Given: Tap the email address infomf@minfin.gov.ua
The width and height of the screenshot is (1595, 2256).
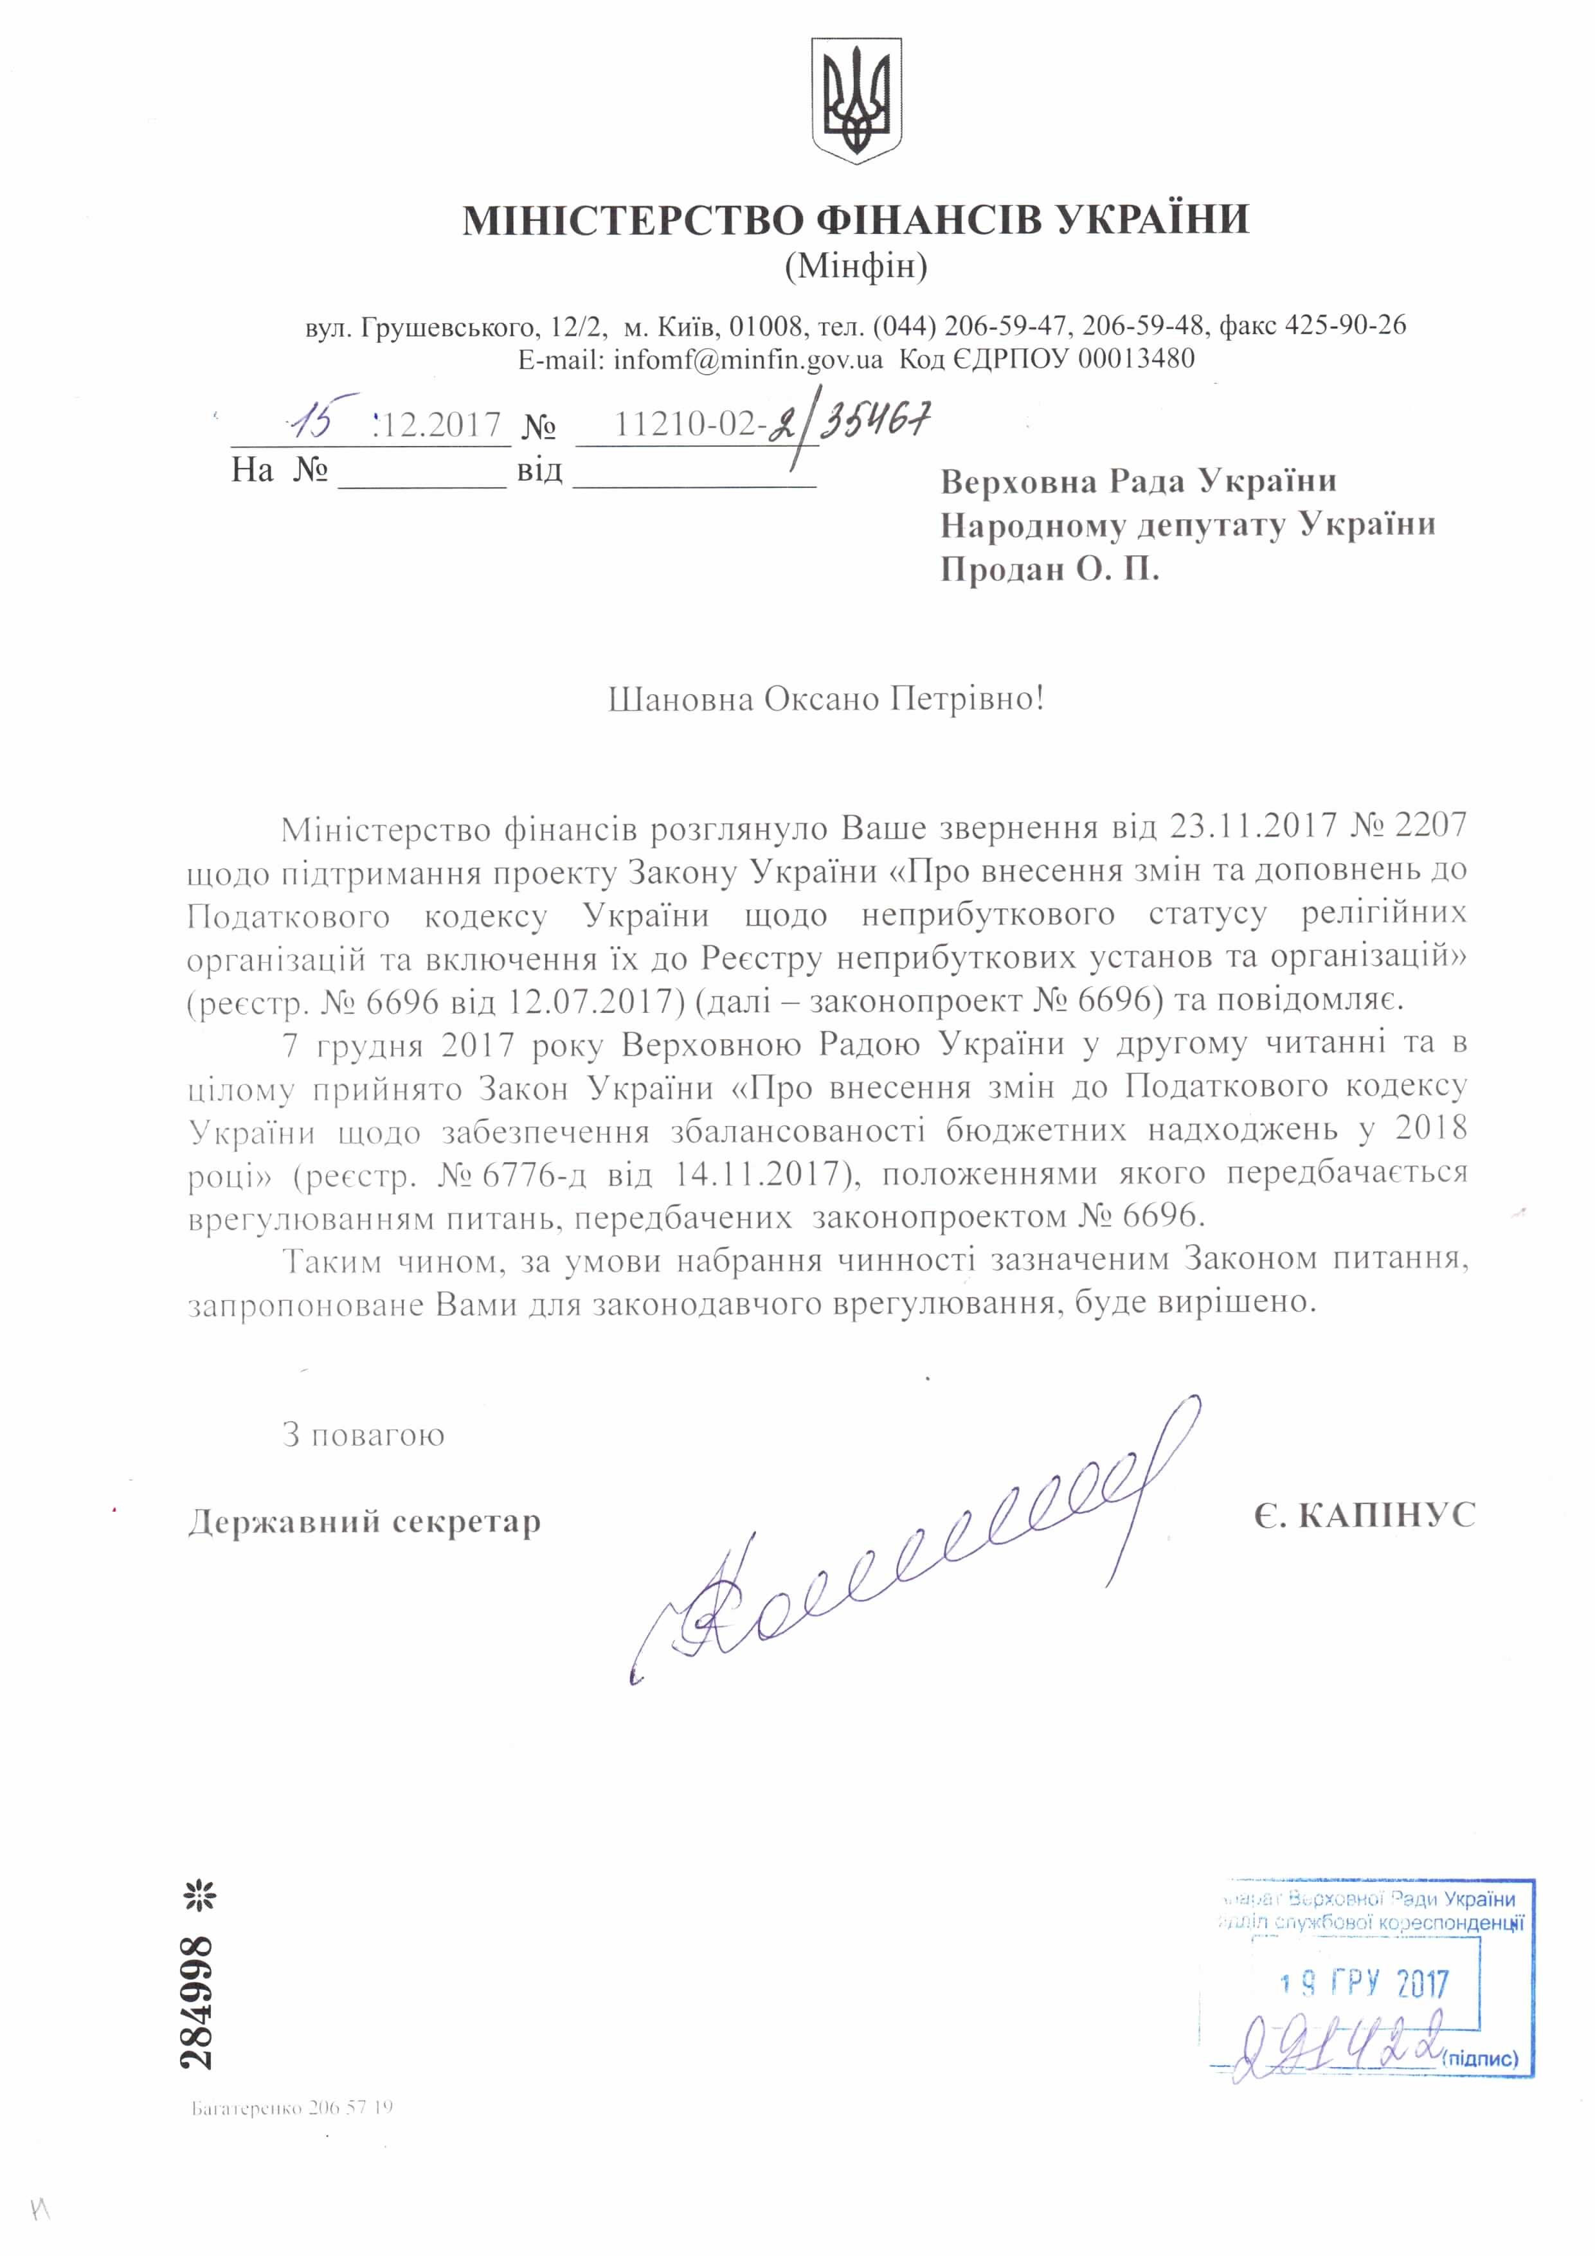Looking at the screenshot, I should tap(748, 359).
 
